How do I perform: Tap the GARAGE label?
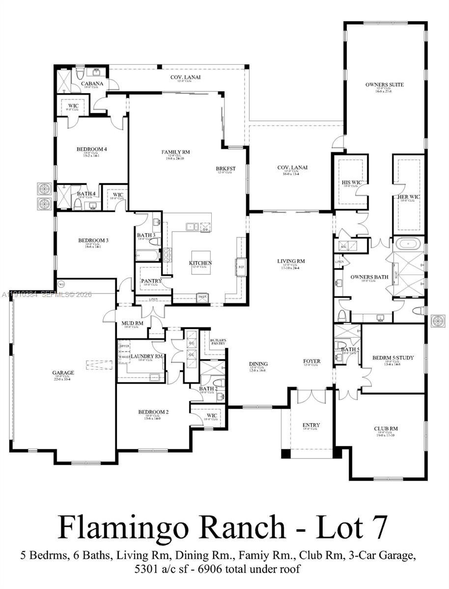[63, 373]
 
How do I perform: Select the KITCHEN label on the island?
[200, 263]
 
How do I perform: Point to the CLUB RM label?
[386, 428]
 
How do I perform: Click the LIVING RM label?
[291, 261]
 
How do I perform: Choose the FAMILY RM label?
[175, 152]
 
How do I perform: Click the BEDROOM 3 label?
[93, 240]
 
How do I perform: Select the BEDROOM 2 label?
[153, 412]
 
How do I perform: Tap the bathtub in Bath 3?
[147, 255]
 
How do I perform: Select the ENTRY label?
[311, 425]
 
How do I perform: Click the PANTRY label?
[151, 281]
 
